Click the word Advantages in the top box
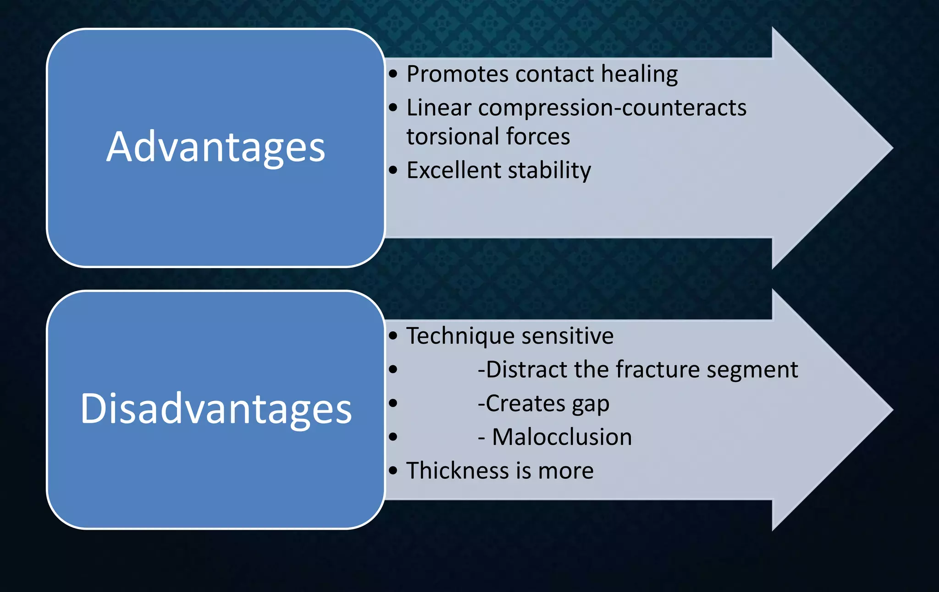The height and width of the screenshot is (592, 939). pos(215,148)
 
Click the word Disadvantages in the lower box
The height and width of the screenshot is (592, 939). pos(215,409)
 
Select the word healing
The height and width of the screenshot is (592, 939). pos(639,75)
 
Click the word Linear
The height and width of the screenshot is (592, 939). pos(439,109)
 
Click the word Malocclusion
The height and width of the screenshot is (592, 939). pos(562,437)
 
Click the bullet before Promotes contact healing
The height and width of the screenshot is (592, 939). pos(393,74)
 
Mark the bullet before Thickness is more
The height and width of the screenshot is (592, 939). pos(393,471)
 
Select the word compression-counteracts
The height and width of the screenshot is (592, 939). pos(612,109)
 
